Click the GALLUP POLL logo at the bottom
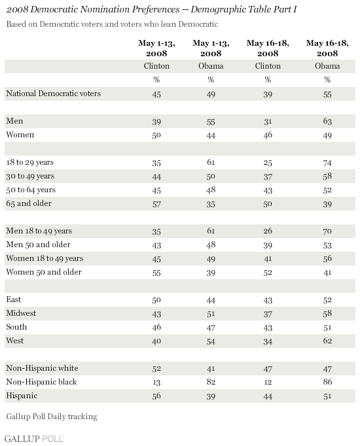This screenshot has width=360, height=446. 34,438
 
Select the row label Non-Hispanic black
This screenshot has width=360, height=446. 41,382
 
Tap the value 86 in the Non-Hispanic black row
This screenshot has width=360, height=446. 327,382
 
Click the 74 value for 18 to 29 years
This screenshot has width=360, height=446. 327,163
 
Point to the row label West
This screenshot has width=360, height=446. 15,341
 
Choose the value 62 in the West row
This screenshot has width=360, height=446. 327,341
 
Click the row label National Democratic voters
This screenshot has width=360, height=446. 54,94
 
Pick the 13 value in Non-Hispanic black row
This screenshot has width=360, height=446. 156,382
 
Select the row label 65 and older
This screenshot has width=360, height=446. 29,203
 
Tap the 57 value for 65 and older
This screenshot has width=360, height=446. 156,204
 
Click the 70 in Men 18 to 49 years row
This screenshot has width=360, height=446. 327,231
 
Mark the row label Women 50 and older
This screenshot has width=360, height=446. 44,272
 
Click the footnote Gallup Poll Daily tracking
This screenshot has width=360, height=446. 52,417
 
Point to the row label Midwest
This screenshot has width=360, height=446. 21,313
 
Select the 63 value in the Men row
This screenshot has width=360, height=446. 327,122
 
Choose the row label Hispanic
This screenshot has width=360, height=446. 22,396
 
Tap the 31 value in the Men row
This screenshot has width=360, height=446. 268,122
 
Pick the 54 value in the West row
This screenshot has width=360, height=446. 211,341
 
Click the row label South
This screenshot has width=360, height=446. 16,327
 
